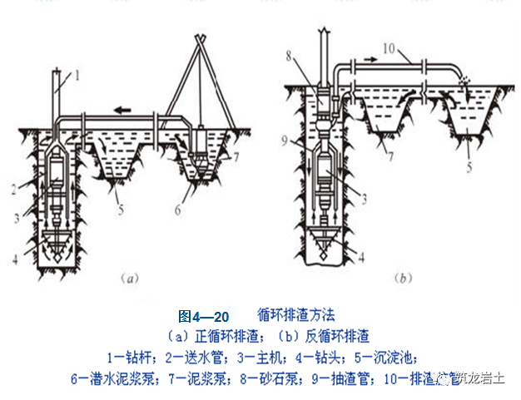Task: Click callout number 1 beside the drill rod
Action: coord(76,76)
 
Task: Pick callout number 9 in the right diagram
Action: coord(285,142)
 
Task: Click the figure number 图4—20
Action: coord(203,317)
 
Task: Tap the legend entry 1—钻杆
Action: coord(134,358)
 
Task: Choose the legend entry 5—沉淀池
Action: coord(404,358)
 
